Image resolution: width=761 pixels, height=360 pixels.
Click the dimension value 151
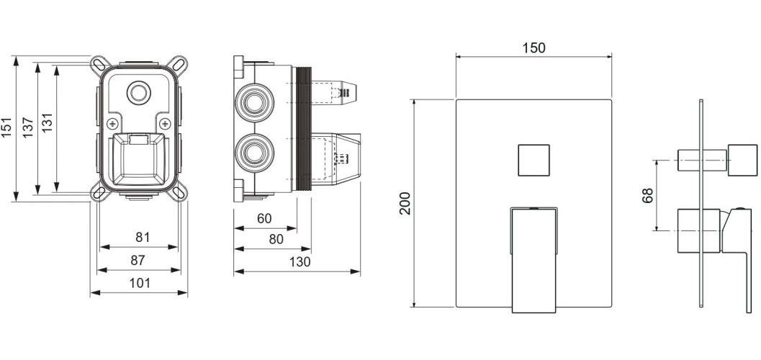click(x=6, y=127)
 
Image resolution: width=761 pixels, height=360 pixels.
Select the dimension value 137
click(x=27, y=127)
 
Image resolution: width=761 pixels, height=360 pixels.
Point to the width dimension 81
click(x=143, y=238)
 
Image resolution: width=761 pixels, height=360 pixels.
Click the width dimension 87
click(x=138, y=261)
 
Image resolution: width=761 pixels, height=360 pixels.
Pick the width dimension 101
click(x=139, y=283)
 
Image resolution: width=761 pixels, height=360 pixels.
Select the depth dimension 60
click(x=264, y=219)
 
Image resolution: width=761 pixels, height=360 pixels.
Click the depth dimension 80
click(x=276, y=239)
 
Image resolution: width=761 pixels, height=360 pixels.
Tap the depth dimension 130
click(x=300, y=262)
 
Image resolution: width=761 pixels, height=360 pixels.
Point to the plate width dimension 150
click(x=534, y=48)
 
